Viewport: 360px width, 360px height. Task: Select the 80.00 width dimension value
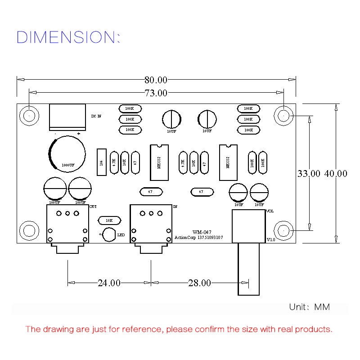pyautogui.click(x=156, y=81)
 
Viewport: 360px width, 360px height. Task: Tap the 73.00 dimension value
pyautogui.click(x=156, y=93)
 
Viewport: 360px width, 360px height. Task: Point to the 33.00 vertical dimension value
pyautogui.click(x=309, y=173)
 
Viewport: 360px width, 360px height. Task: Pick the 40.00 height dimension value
pyautogui.click(x=336, y=173)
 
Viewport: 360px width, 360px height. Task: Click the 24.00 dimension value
pyautogui.click(x=109, y=283)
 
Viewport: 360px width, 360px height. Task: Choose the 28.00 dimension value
pyautogui.click(x=199, y=283)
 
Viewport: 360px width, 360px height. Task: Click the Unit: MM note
pyautogui.click(x=309, y=307)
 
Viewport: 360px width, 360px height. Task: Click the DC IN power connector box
pyautogui.click(x=67, y=117)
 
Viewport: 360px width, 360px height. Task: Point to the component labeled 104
pyautogui.click(x=101, y=162)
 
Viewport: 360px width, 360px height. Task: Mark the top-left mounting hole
pyautogui.click(x=29, y=116)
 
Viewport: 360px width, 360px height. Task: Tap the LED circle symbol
pyautogui.click(x=109, y=234)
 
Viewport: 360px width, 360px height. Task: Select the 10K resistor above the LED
pyautogui.click(x=109, y=220)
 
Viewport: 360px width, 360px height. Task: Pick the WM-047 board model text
pyautogui.click(x=199, y=232)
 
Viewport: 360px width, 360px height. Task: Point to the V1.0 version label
pyautogui.click(x=271, y=239)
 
